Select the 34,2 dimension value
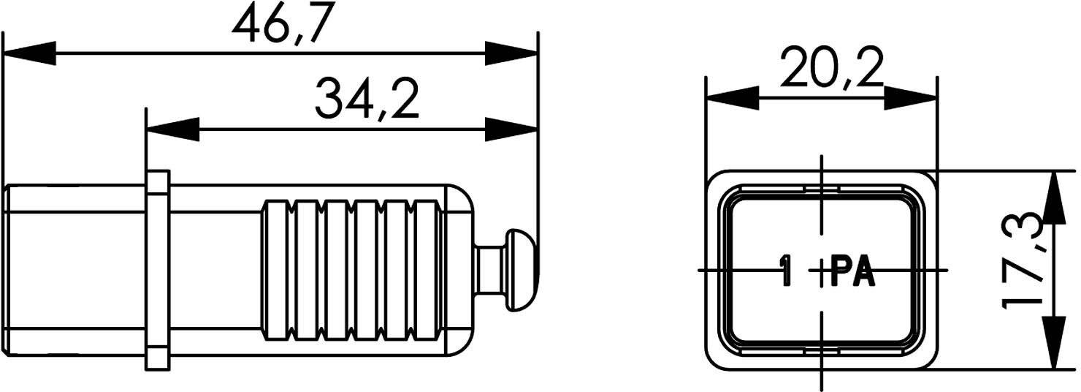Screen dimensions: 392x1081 (367, 100)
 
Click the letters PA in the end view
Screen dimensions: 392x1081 (853, 271)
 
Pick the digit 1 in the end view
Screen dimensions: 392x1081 (786, 271)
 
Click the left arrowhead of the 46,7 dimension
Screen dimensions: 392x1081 (29, 53)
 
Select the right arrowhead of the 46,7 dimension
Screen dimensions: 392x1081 (511, 53)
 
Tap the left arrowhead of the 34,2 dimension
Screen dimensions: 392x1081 (172, 130)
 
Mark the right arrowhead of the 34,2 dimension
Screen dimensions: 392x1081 (511, 130)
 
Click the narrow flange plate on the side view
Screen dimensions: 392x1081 (157, 270)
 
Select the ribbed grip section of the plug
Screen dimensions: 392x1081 (353, 271)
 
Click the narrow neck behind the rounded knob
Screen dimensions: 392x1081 (488, 271)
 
